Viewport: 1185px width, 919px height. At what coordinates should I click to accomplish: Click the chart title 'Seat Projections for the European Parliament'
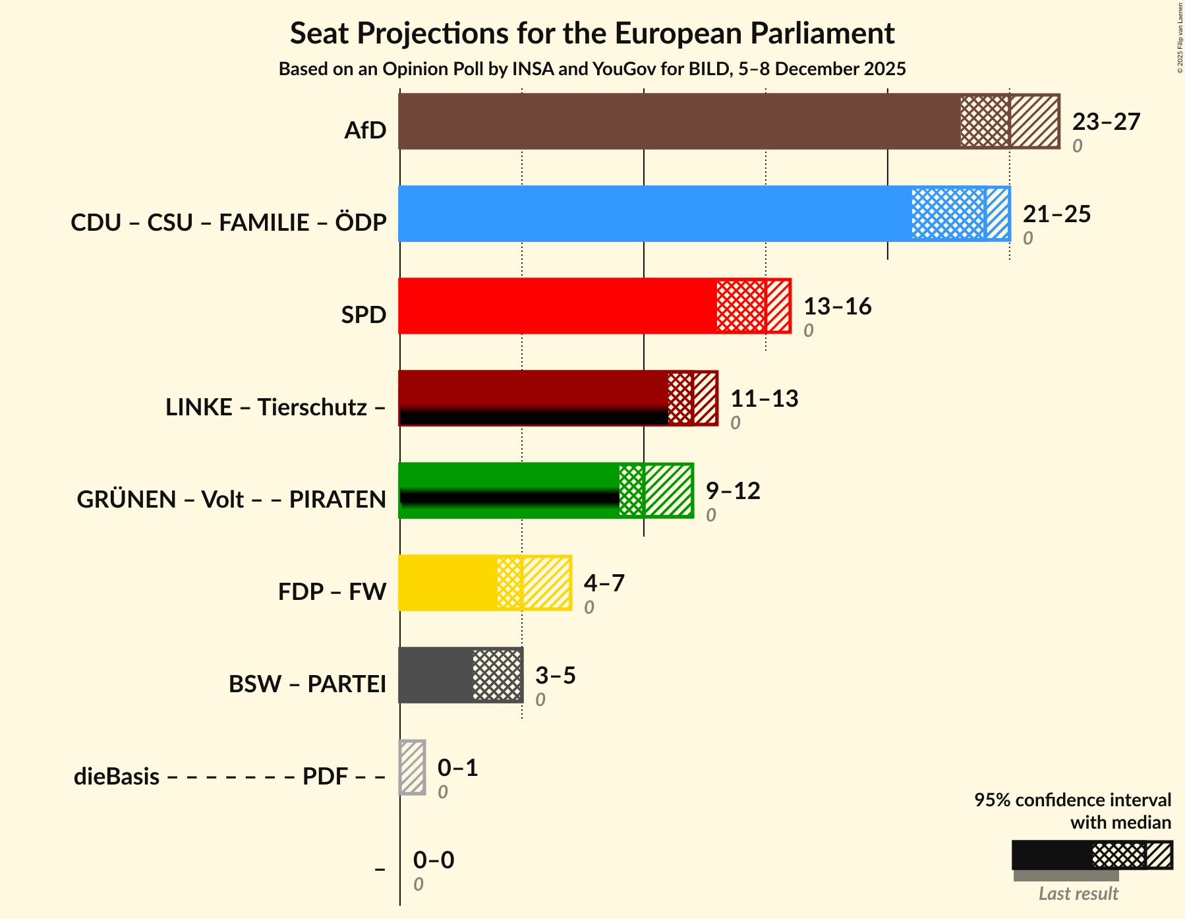592,33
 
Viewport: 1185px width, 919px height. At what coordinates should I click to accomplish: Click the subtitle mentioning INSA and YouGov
592,69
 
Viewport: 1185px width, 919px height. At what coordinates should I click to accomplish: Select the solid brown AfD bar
679,121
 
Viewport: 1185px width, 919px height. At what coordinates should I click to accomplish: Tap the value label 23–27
1105,122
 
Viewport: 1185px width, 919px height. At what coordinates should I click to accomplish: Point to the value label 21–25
1056,214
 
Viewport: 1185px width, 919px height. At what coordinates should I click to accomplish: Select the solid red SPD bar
557,306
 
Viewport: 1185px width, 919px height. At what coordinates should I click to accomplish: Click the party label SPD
363,315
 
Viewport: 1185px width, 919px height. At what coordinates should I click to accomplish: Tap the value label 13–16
837,307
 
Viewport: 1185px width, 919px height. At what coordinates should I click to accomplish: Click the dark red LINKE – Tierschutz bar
533,389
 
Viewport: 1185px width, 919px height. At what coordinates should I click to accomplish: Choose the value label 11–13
764,399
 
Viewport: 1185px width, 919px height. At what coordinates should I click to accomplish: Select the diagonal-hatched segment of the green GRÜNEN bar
668,490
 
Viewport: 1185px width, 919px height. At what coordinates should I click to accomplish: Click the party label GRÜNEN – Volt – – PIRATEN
231,500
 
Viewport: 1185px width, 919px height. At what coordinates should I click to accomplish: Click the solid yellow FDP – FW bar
448,583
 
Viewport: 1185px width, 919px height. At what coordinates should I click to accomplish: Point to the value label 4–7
604,583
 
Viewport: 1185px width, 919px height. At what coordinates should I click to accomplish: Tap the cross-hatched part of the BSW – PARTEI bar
497,675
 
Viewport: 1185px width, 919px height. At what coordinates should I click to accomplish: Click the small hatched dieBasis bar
413,767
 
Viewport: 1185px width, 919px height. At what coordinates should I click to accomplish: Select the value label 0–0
433,860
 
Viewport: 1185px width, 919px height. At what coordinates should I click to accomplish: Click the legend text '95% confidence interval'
1072,800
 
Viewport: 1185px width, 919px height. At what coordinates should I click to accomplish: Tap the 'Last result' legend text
1078,894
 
